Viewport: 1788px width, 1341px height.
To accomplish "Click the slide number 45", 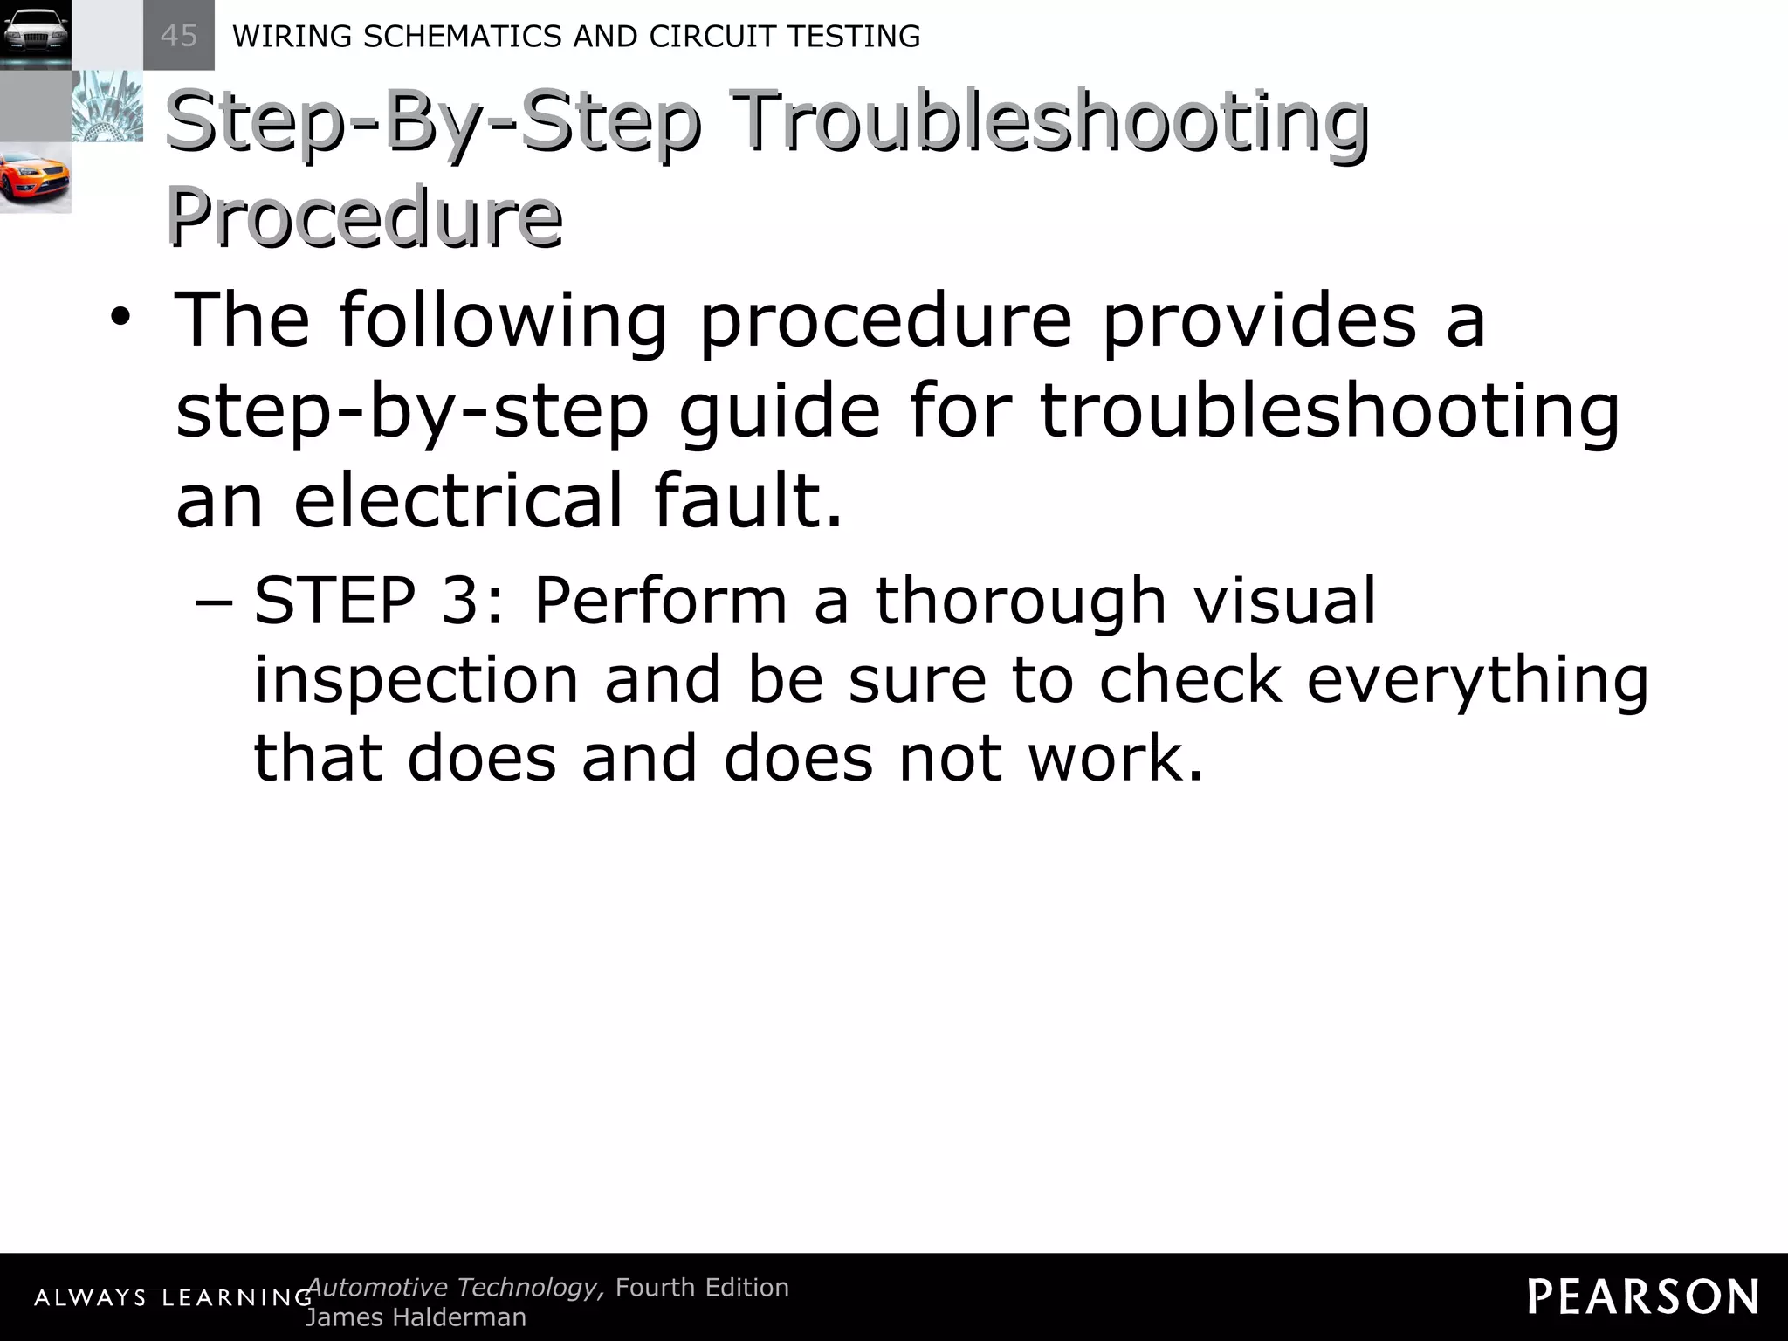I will [179, 36].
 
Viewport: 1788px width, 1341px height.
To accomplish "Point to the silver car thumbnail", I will [35, 35].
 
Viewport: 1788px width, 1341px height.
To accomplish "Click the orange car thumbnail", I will [35, 178].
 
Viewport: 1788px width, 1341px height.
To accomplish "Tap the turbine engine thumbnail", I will [107, 107].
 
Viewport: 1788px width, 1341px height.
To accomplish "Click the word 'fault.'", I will [747, 501].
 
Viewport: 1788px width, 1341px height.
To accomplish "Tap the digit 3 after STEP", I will [462, 602].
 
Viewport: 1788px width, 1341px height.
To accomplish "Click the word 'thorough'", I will [1021, 602].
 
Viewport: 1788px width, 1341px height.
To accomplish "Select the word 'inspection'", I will [416, 680].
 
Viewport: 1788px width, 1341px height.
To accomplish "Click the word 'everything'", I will [1477, 680].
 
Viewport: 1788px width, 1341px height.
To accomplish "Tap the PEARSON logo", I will [1642, 1296].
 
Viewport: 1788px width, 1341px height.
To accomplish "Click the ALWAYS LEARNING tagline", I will [173, 1298].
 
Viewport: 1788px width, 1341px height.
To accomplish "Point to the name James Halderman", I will [416, 1317].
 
